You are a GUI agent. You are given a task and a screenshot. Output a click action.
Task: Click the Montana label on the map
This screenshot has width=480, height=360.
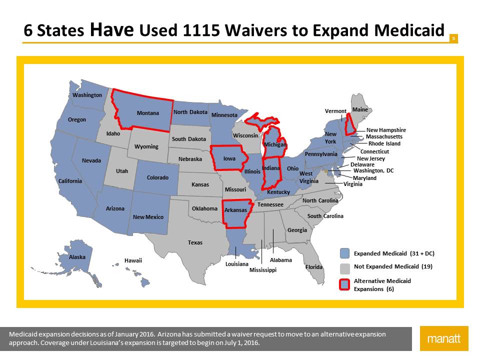[x=148, y=113]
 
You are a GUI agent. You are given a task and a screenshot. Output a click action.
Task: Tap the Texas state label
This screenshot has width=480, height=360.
[x=195, y=242]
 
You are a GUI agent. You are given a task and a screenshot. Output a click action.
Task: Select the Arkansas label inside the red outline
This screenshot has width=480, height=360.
[x=235, y=210]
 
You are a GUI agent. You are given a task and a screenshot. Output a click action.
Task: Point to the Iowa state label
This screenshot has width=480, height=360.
[x=229, y=159]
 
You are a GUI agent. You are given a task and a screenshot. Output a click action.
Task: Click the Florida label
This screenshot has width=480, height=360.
[x=314, y=267]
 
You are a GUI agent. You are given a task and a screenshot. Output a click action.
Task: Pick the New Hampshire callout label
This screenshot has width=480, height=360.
[x=386, y=130]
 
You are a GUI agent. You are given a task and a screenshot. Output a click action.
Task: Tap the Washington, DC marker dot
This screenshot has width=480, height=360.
[x=326, y=171]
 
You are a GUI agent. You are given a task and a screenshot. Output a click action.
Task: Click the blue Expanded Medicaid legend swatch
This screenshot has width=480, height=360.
[x=344, y=253]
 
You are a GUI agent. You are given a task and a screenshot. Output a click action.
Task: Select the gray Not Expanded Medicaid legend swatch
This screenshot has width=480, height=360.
[x=344, y=267]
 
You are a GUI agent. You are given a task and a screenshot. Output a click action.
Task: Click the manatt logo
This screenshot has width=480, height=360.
[x=444, y=339]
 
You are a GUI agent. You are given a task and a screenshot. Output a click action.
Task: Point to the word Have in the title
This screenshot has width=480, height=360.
[x=112, y=30]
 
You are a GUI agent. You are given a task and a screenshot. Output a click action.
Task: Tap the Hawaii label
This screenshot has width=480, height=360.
[x=133, y=260]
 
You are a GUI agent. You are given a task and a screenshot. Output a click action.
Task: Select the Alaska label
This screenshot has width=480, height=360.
[x=77, y=257]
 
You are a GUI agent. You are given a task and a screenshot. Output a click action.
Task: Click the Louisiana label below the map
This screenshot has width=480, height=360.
[x=237, y=263]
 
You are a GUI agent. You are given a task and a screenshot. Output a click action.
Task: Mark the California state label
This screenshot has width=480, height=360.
[x=70, y=181]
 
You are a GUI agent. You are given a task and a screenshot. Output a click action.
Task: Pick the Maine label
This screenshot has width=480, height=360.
[x=360, y=109]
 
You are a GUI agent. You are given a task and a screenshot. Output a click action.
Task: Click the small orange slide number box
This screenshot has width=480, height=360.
[x=453, y=38]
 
